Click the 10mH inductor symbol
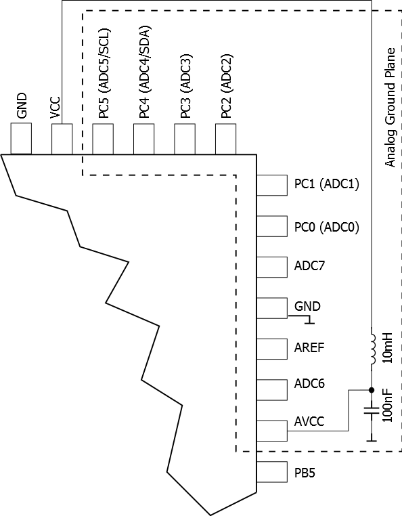[373, 349]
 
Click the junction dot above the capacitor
[372, 390]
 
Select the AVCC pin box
[272, 431]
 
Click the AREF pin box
[272, 349]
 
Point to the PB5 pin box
[272, 472]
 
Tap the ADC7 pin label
[309, 265]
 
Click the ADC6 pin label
[309, 383]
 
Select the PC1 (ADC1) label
[326, 184]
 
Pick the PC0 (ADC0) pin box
[272, 226]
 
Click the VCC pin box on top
[62, 139]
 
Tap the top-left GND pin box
[21, 139]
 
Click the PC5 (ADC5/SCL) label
[104, 73]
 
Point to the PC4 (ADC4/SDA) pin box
[143, 139]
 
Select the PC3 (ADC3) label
[185, 85]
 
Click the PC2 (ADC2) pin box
[225, 139]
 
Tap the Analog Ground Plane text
[390, 108]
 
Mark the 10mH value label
[388, 348]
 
